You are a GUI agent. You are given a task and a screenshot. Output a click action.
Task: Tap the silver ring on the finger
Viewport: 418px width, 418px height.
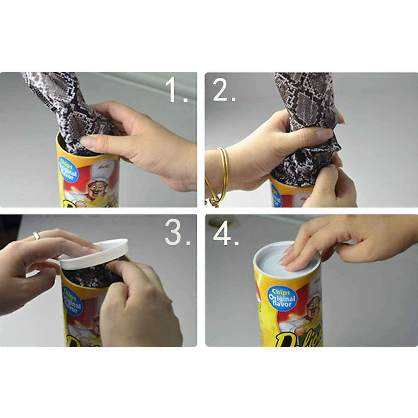pyautogui.click(x=36, y=235)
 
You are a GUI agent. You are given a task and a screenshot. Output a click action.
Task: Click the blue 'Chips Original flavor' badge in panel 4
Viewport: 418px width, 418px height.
pyautogui.click(x=282, y=299)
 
